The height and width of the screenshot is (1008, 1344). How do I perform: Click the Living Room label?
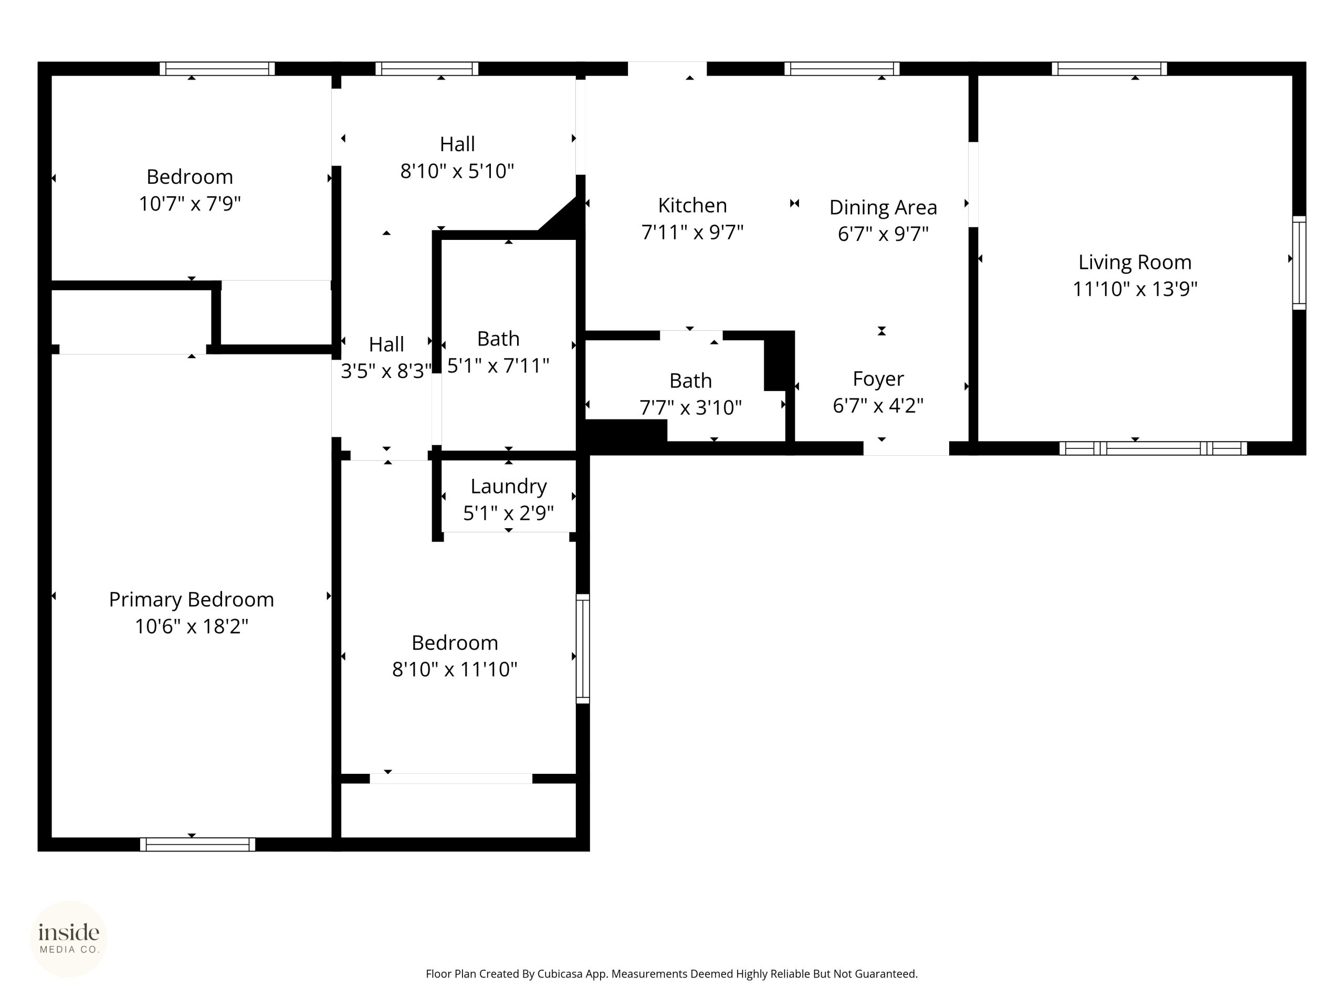tap(1135, 262)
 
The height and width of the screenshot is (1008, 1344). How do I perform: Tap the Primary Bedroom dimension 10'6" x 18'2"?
tap(192, 626)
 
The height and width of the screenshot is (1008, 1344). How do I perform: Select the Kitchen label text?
tap(692, 205)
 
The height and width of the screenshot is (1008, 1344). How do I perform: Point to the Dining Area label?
tap(883, 208)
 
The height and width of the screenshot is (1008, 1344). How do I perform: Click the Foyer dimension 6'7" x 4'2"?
tap(878, 405)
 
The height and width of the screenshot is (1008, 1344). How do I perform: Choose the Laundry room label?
tap(509, 487)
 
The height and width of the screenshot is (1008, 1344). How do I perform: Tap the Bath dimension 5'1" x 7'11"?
tap(498, 366)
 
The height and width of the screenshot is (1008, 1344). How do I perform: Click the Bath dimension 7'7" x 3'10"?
tap(690, 407)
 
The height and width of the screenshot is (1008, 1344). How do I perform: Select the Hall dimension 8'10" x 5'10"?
tap(457, 171)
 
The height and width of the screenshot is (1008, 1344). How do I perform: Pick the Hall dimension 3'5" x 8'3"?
tap(386, 371)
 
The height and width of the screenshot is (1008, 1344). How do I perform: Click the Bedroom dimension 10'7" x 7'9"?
tap(190, 204)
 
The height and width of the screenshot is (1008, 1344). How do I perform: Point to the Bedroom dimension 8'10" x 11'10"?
tap(455, 669)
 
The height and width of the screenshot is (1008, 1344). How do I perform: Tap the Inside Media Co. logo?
tap(69, 939)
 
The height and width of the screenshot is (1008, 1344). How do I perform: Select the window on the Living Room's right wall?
tap(1299, 262)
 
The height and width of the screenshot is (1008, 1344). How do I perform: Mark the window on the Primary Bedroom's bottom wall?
tap(197, 845)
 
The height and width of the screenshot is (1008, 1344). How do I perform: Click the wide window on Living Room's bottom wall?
tap(1153, 448)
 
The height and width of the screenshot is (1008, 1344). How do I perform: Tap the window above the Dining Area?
tap(842, 69)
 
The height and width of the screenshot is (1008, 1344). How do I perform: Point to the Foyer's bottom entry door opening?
tap(906, 448)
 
